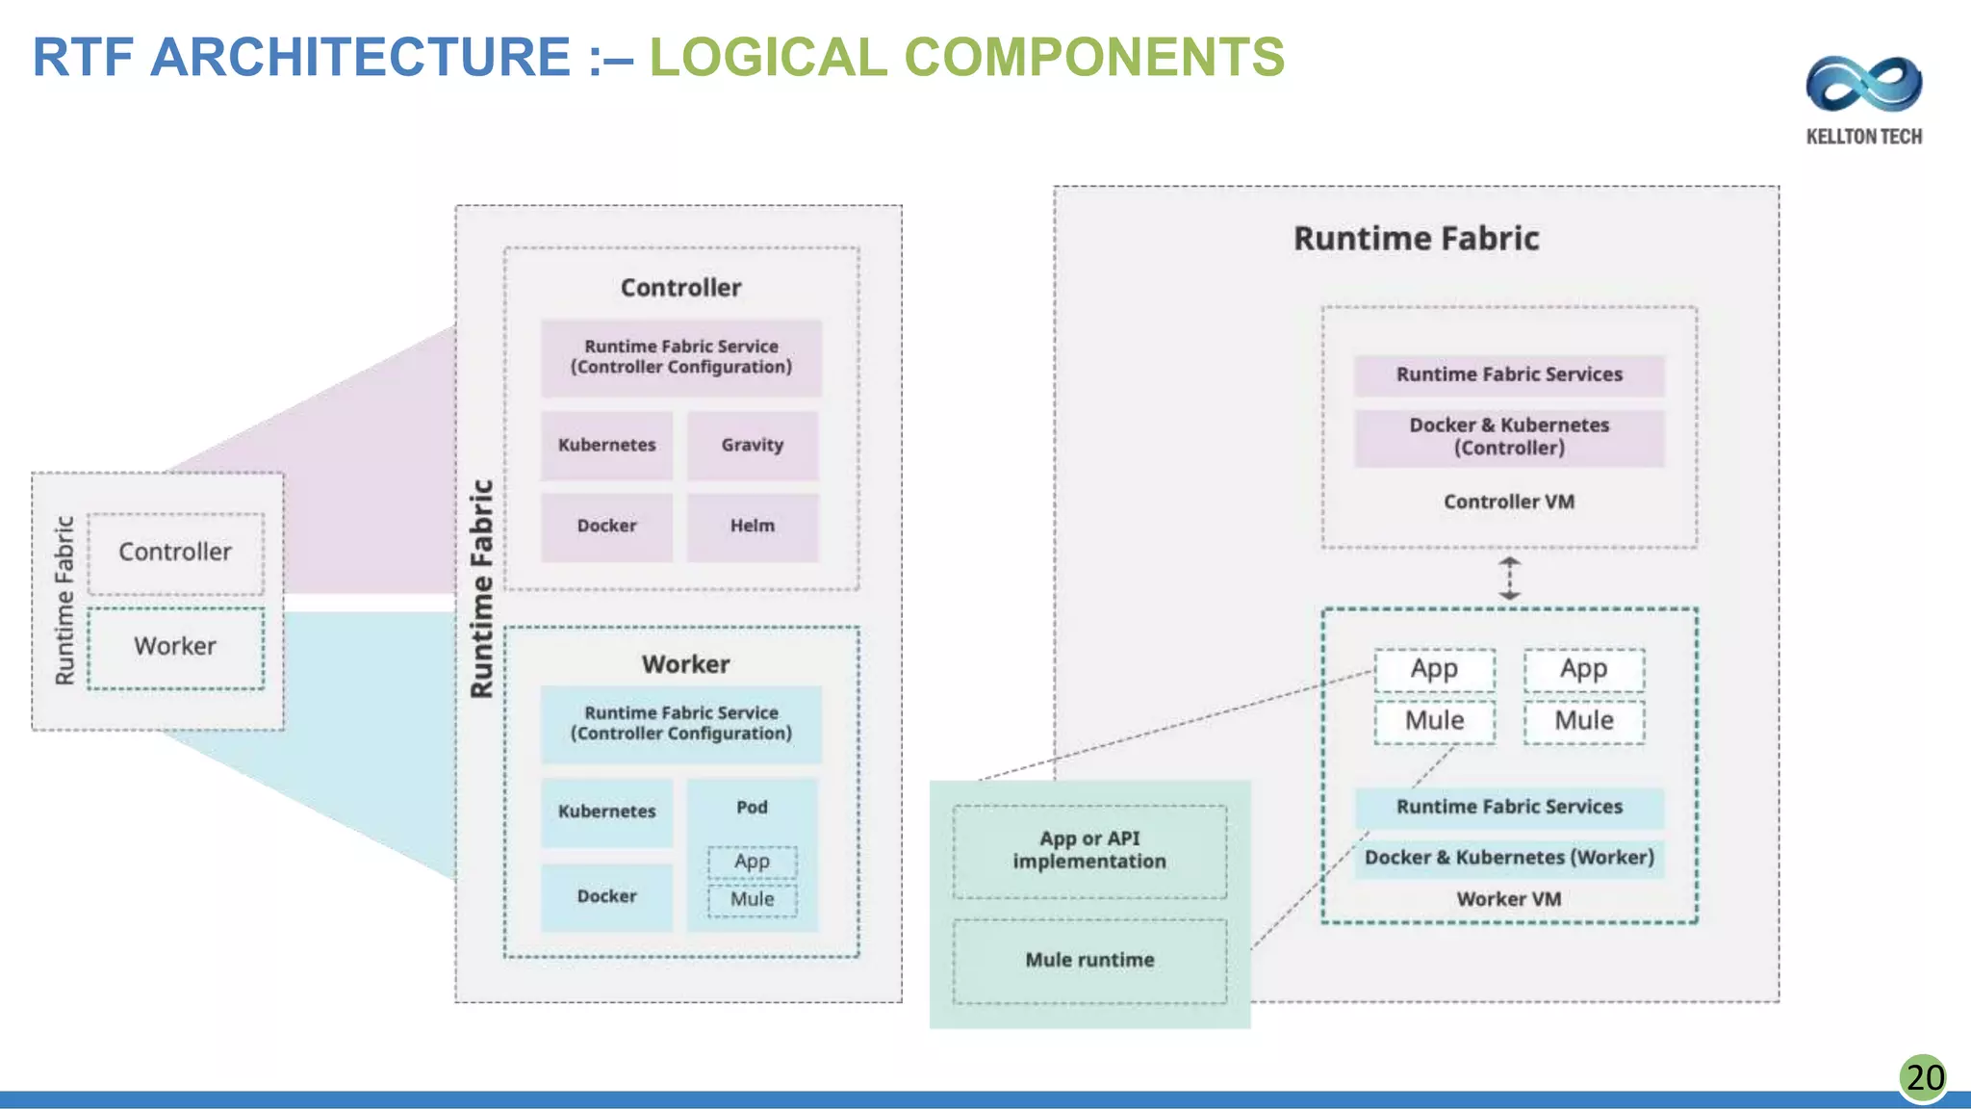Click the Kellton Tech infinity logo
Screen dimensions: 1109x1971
[x=1863, y=84]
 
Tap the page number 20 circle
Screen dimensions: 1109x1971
[x=1924, y=1077]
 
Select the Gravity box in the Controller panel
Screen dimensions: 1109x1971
[x=753, y=445]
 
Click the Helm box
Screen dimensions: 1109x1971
[x=753, y=527]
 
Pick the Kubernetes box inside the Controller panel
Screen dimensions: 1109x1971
[x=606, y=445]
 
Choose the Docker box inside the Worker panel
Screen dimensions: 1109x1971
[x=606, y=896]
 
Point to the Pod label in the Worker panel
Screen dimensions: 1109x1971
[x=752, y=807]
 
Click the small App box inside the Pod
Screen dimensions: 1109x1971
[x=752, y=862]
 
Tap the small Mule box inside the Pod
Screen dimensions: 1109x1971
[x=752, y=900]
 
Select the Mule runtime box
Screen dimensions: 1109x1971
[x=1089, y=960]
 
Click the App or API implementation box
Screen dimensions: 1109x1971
[x=1089, y=851]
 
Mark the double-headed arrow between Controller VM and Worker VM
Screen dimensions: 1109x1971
[x=1509, y=579]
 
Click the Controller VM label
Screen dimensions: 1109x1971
[x=1509, y=502]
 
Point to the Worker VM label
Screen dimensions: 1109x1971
[x=1509, y=899]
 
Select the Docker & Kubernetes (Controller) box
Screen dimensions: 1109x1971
[x=1509, y=437]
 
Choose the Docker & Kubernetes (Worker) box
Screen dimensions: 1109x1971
[x=1509, y=858]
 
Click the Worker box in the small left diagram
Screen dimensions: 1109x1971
[x=175, y=647]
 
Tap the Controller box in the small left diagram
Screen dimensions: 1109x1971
[x=175, y=553]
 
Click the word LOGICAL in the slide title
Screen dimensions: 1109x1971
[x=768, y=57]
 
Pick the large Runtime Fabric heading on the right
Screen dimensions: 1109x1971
[x=1416, y=239]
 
